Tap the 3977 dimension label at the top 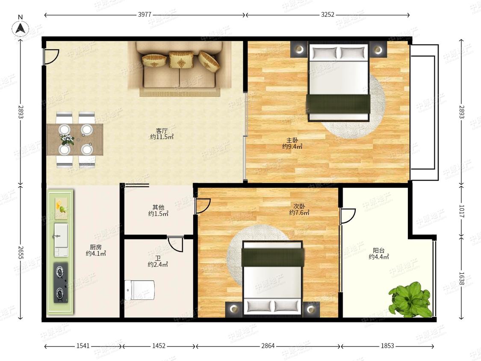pyautogui.click(x=145, y=15)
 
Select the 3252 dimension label pyautogui.click(x=328, y=15)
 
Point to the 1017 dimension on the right pyautogui.click(x=462, y=211)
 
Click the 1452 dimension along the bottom pyautogui.click(x=159, y=346)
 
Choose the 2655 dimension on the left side pyautogui.click(x=21, y=252)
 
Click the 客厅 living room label pyautogui.click(x=162, y=130)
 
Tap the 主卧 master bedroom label pyautogui.click(x=292, y=140)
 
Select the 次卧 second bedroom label pyautogui.click(x=299, y=206)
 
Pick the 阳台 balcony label pyautogui.click(x=379, y=251)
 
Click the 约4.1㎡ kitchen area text pyautogui.click(x=96, y=254)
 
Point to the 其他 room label pyautogui.click(x=158, y=207)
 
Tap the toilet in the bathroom pyautogui.click(x=139, y=290)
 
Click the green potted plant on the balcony pyautogui.click(x=410, y=299)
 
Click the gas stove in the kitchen pyautogui.click(x=61, y=282)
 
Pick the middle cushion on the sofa pyautogui.click(x=181, y=59)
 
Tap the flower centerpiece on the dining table pyautogui.click(x=68, y=140)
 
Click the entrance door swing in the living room pyautogui.click(x=52, y=57)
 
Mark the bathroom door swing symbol pyautogui.click(x=175, y=245)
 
